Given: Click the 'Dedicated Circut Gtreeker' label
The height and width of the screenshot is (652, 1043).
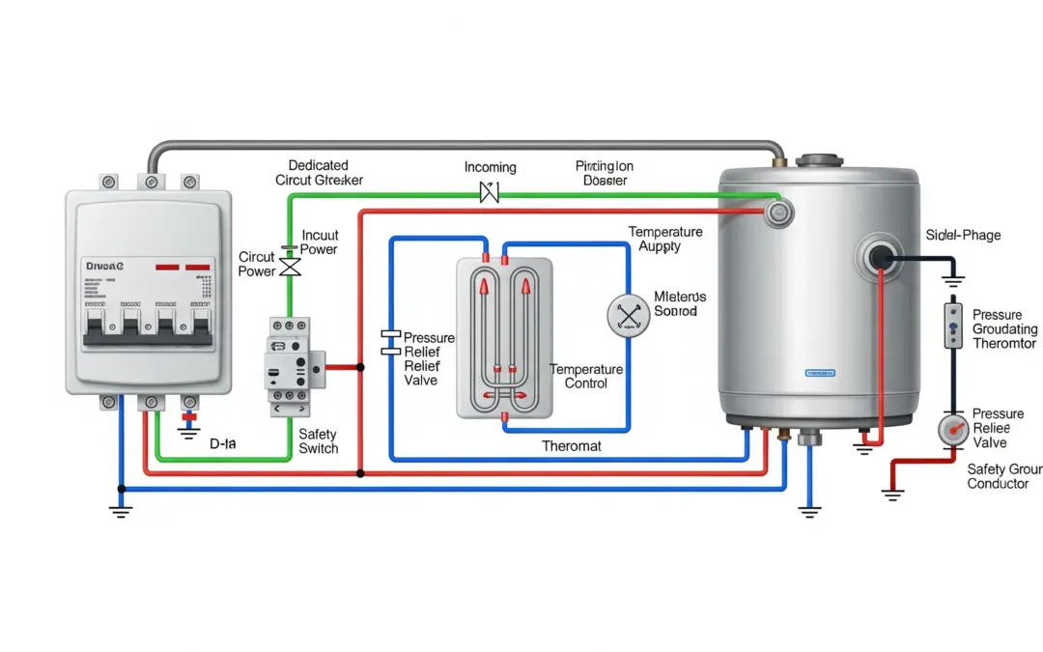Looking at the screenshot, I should (318, 173).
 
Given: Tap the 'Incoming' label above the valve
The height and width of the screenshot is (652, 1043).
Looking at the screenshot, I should (490, 167).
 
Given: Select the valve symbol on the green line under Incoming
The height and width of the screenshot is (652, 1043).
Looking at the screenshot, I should (490, 193).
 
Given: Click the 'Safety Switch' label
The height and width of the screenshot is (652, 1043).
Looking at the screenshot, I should (318, 441).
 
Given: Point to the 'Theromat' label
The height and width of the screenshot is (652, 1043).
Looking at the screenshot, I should (571, 446).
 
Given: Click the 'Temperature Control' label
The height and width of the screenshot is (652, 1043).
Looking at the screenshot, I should (585, 377).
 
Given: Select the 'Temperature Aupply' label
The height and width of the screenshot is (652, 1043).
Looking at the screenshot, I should (665, 240).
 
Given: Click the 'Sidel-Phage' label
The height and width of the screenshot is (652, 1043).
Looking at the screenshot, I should (963, 235).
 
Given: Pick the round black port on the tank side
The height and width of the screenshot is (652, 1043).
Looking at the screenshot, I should (880, 257).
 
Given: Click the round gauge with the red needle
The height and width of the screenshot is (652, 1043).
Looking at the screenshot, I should (955, 430).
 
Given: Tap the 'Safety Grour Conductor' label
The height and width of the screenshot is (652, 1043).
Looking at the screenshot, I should (1004, 476).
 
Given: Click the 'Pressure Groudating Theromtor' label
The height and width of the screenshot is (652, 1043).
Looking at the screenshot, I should (1003, 329).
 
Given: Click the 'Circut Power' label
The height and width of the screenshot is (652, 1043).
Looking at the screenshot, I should (257, 265).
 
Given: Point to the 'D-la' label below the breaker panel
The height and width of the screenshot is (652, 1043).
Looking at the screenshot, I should (223, 444).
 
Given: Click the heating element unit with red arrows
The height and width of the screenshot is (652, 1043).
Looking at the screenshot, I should (502, 337).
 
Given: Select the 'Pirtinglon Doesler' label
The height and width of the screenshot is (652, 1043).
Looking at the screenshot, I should (604, 173).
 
